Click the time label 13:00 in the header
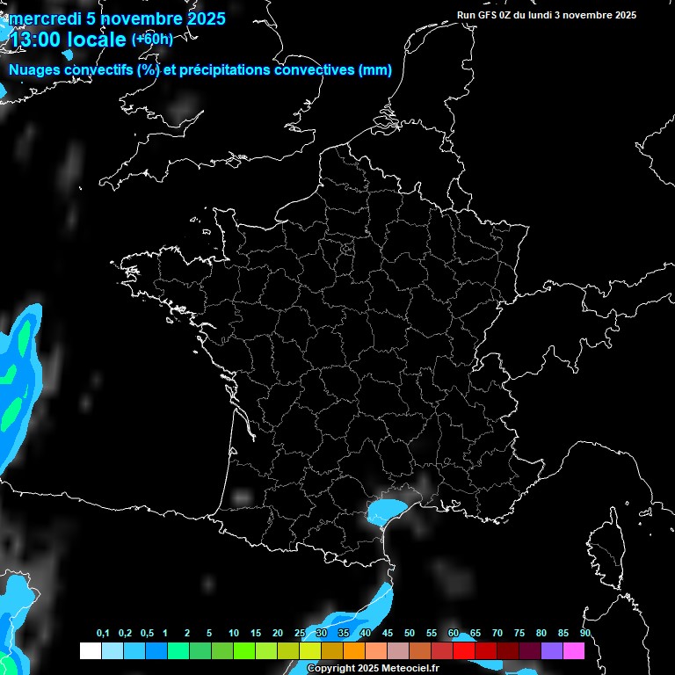click(x=37, y=40)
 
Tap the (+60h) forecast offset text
click(x=152, y=39)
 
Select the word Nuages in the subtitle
click(x=34, y=70)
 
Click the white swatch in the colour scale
click(x=91, y=651)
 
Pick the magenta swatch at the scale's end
click(x=574, y=651)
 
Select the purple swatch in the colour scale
click(x=552, y=651)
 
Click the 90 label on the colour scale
click(x=584, y=634)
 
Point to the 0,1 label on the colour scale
click(x=103, y=634)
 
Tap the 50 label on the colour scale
click(x=410, y=634)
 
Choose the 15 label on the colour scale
click(x=256, y=634)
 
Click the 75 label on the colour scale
click(x=519, y=634)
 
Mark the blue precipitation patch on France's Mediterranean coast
click(x=386, y=509)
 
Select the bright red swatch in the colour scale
click(x=464, y=651)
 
